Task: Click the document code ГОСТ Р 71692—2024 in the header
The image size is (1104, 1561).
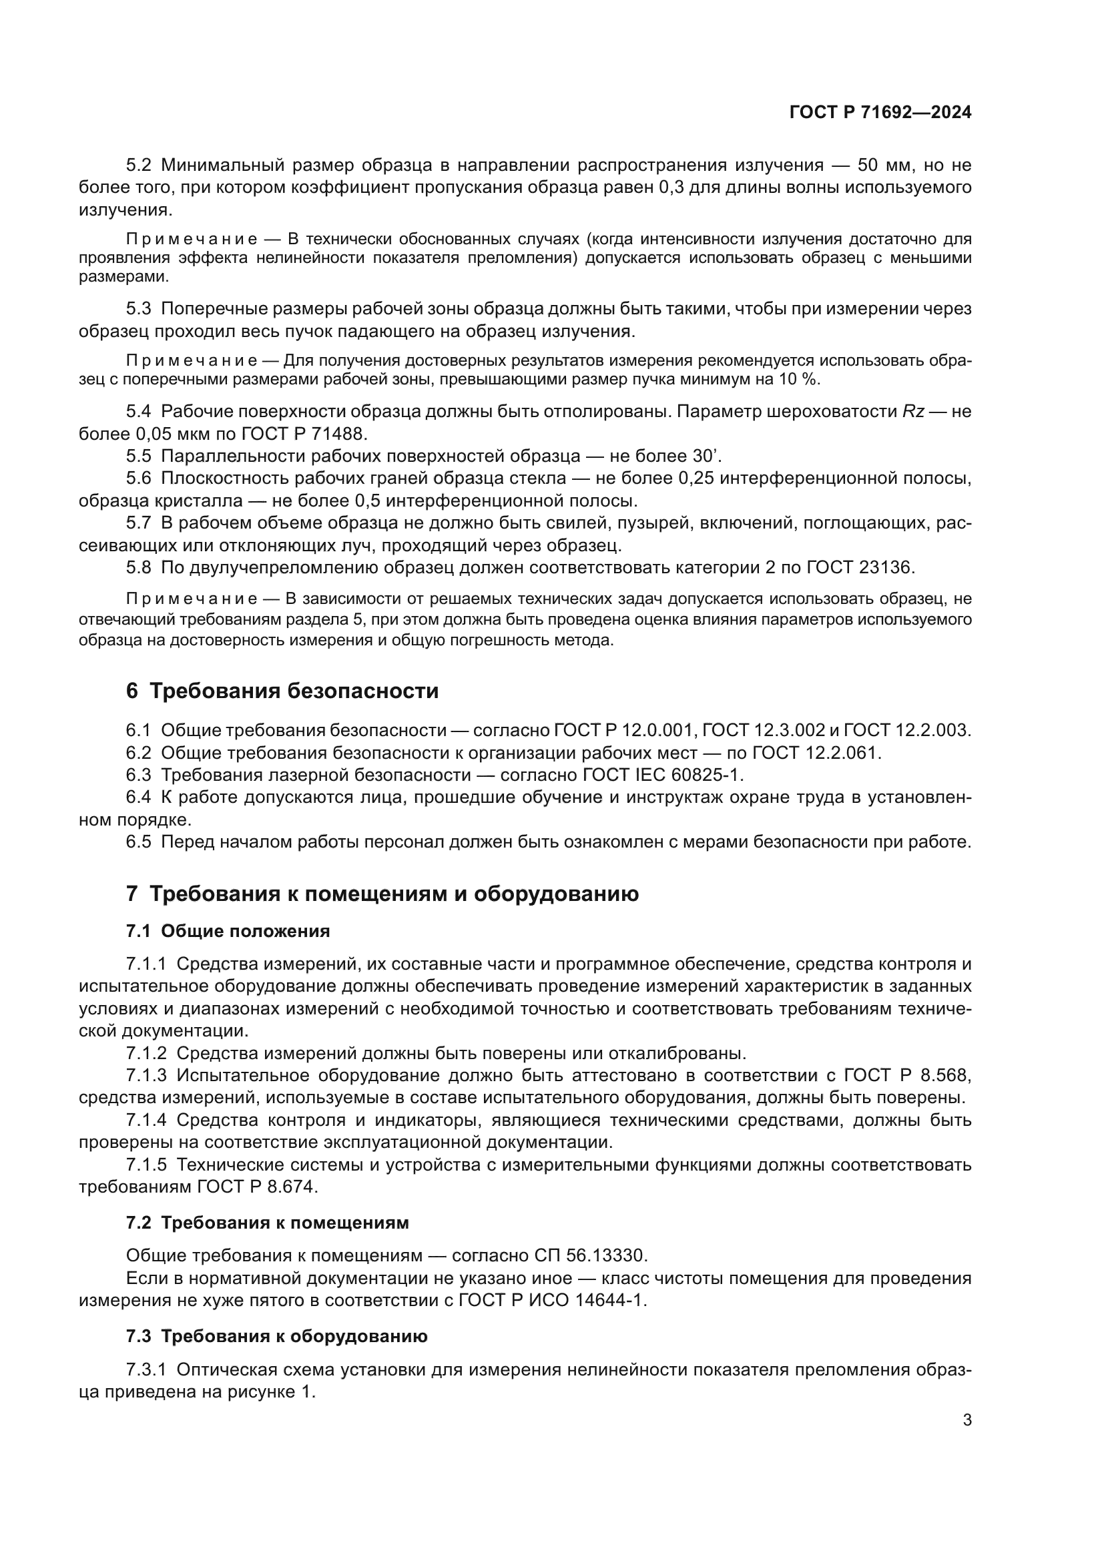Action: pyautogui.click(x=880, y=113)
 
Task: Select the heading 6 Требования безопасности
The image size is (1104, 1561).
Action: pyautogui.click(x=282, y=691)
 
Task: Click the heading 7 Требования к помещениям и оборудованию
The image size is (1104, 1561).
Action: pyautogui.click(x=382, y=894)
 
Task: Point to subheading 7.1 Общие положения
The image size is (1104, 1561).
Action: pyautogui.click(x=228, y=932)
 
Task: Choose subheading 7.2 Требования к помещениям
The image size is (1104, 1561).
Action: pyautogui.click(x=267, y=1223)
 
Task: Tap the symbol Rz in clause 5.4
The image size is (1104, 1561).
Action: pyautogui.click(x=913, y=411)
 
